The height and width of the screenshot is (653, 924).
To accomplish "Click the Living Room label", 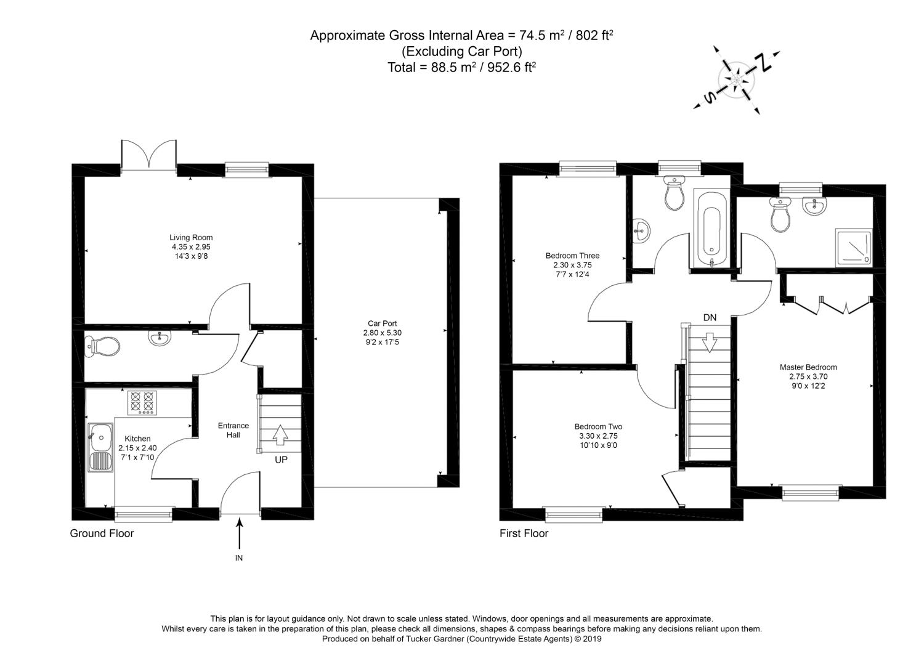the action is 191,238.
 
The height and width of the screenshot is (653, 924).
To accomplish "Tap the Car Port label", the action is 382,323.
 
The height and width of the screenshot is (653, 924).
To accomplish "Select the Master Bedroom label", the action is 808,367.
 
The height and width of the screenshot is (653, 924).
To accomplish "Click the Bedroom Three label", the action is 572,256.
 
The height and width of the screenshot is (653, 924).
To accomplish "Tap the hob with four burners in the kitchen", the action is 143,404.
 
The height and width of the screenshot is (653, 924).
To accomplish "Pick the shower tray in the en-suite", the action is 854,247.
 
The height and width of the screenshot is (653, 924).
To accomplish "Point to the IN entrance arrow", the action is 239,533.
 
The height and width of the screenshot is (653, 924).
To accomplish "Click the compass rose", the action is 737,80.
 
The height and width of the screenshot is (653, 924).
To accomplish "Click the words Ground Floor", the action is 102,533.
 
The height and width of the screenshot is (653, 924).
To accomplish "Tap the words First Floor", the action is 524,533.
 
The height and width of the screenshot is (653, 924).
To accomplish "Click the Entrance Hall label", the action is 233,430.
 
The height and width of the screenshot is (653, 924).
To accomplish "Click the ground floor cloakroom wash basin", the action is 160,337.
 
